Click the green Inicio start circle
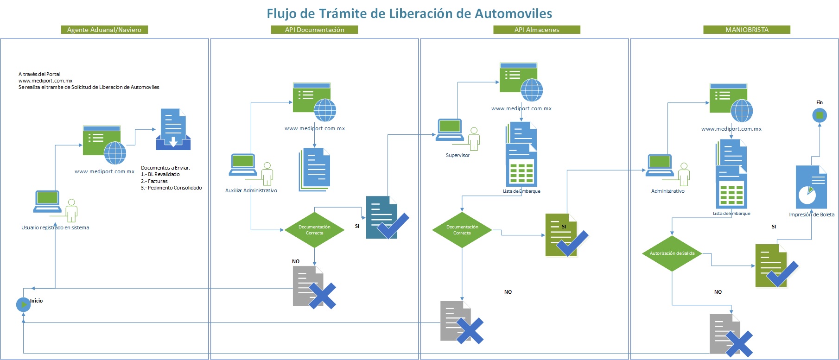point(23,304)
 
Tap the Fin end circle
point(819,115)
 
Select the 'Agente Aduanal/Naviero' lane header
point(104,30)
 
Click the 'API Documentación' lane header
point(314,30)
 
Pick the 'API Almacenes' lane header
point(537,30)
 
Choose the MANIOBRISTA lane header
point(746,30)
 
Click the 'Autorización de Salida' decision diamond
point(672,253)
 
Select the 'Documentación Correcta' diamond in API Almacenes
point(462,230)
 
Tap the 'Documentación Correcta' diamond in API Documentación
point(314,230)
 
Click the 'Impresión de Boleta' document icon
point(811,187)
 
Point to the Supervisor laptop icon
point(450,130)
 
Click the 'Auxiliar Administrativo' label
point(251,190)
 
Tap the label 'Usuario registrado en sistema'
point(55,227)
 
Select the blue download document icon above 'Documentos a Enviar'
point(173,130)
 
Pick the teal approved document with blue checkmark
point(385,218)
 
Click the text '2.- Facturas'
point(154,181)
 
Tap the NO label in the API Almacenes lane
point(508,292)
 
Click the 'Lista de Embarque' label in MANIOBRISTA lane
point(731,214)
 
